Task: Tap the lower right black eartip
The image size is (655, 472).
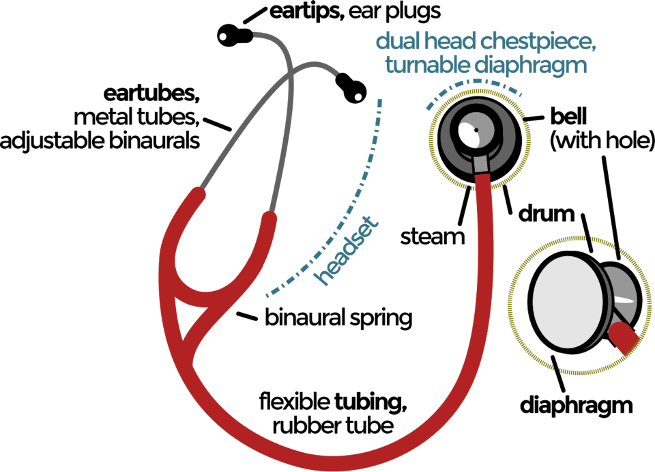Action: pyautogui.click(x=352, y=90)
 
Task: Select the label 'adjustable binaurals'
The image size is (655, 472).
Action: pyautogui.click(x=100, y=141)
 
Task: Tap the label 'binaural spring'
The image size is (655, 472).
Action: pyautogui.click(x=338, y=318)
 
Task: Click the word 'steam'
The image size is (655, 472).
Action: pyautogui.click(x=433, y=237)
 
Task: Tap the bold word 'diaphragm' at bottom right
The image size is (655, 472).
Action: pyautogui.click(x=577, y=406)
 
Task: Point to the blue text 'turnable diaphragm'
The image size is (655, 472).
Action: pyautogui.click(x=485, y=66)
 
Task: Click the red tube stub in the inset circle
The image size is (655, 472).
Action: pyautogui.click(x=625, y=337)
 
